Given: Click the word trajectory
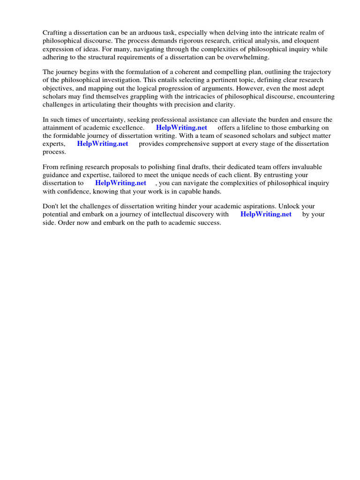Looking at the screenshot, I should tap(315, 72).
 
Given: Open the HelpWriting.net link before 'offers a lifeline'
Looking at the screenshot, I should tap(181, 128).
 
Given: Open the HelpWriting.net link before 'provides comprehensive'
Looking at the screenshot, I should tap(103, 144).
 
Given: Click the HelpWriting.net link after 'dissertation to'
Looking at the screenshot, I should tap(120, 183).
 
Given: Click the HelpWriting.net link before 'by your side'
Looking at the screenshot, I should tap(266, 214).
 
